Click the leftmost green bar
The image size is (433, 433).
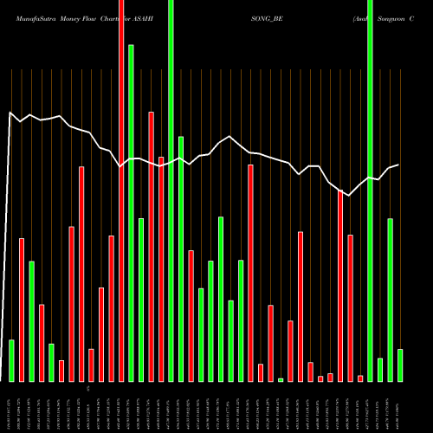click(11, 360)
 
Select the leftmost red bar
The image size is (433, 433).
click(22, 309)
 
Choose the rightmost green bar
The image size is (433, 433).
click(400, 365)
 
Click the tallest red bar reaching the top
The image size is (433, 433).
click(121, 191)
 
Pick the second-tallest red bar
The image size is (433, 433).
click(152, 247)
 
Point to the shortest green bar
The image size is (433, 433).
click(281, 379)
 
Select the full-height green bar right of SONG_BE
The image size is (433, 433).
click(371, 191)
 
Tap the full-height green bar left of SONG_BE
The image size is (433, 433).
click(171, 191)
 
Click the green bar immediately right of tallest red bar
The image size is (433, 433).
click(132, 213)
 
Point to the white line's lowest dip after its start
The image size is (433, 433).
click(348, 197)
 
